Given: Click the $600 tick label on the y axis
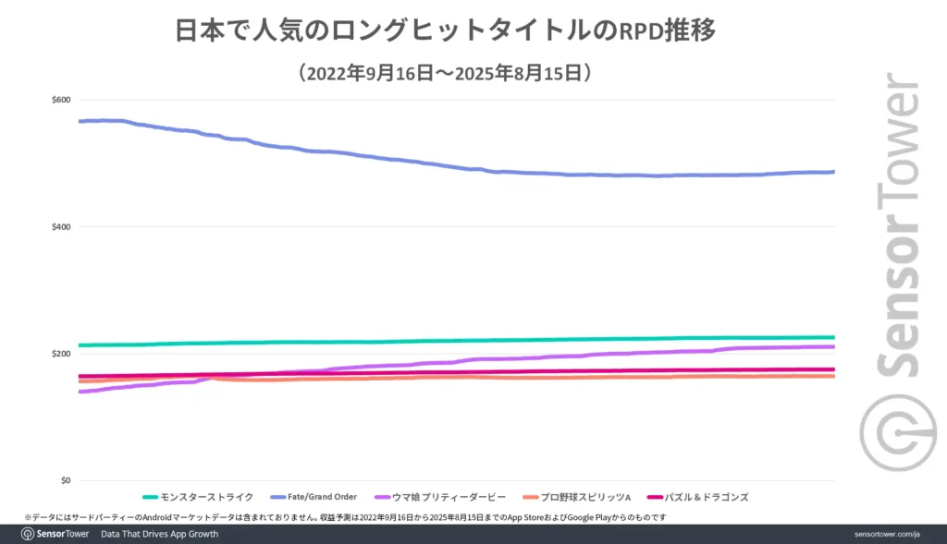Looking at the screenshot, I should (61, 100).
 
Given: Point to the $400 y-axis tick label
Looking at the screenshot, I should (61, 227).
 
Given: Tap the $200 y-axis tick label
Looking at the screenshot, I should (61, 355).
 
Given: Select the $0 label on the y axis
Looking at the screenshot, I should (65, 481).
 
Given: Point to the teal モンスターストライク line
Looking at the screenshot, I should (462, 341).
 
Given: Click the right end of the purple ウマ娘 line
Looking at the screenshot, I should (832, 347).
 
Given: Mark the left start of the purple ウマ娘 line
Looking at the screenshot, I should (81, 392).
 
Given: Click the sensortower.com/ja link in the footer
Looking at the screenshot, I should (887, 534).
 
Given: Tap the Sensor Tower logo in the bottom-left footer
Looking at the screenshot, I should (55, 534).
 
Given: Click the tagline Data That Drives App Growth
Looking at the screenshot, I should (159, 534).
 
